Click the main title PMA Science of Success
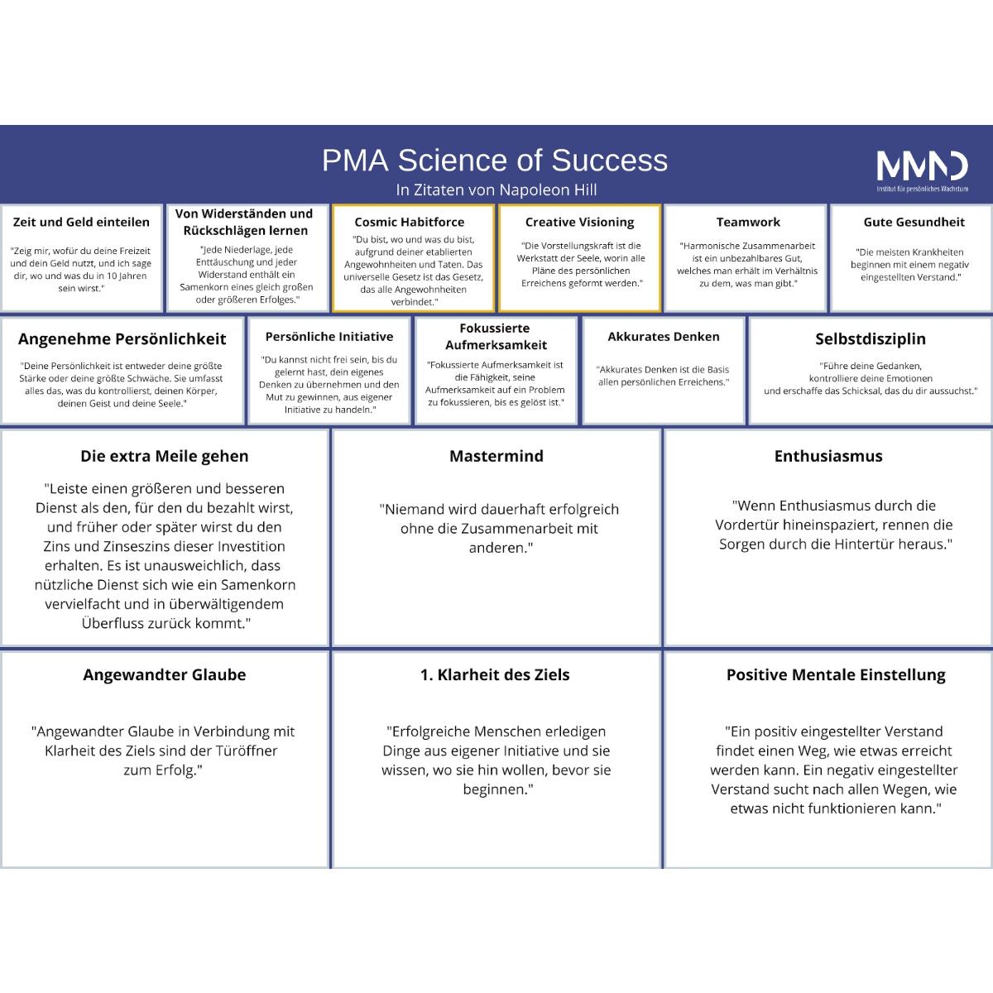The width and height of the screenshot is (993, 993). (495, 161)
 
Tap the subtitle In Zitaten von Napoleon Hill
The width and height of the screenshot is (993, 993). (496, 190)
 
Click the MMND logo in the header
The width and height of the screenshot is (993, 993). (923, 171)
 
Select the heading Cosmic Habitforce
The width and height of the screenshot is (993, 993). (409, 222)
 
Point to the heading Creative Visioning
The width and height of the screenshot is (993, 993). (580, 222)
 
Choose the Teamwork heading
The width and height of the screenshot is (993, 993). (748, 222)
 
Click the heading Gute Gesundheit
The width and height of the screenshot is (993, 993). (914, 222)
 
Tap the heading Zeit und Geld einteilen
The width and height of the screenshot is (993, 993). (81, 222)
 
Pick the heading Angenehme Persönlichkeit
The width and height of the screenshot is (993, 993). (122, 339)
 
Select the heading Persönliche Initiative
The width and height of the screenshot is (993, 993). (329, 337)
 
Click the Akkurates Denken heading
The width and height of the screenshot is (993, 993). (664, 337)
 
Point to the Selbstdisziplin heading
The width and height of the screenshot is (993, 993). (871, 339)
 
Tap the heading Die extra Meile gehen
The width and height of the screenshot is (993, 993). (165, 456)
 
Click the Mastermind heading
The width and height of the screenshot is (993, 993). (496, 456)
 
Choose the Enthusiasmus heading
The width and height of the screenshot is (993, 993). (828, 456)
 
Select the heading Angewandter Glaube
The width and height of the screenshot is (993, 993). (165, 675)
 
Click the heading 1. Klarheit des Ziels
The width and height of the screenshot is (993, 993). (495, 675)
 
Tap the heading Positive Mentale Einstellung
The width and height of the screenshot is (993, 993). (836, 675)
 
